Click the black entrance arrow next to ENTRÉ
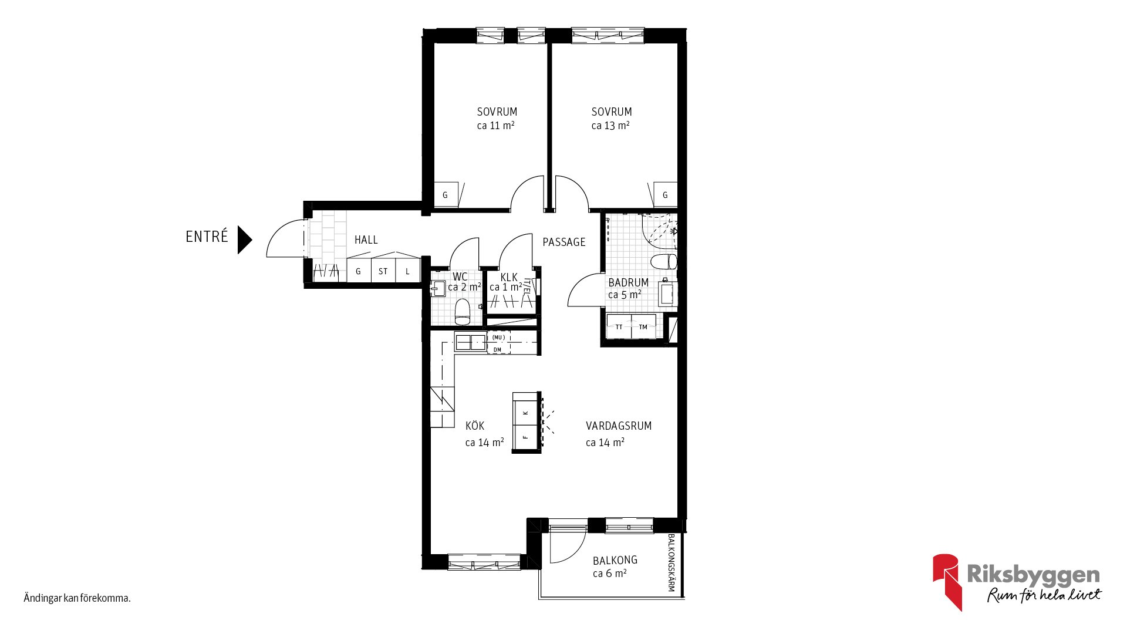[x=244, y=240]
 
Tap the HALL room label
[x=366, y=240]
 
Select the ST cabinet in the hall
[x=383, y=271]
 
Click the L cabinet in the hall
[x=408, y=271]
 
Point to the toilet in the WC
[x=463, y=312]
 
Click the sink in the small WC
[x=438, y=288]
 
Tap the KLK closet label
[x=509, y=277]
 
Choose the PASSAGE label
[x=564, y=242]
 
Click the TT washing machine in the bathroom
[x=619, y=326]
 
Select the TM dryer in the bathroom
[x=643, y=326]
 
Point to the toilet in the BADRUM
[x=664, y=262]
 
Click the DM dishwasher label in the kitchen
[x=498, y=350]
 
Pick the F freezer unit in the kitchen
[x=527, y=437]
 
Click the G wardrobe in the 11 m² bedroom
[x=446, y=195]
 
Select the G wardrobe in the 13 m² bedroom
[x=665, y=195]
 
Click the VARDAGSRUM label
[x=619, y=426]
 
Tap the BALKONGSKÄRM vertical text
[x=672, y=562]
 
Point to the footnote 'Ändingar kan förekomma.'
[x=77, y=598]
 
